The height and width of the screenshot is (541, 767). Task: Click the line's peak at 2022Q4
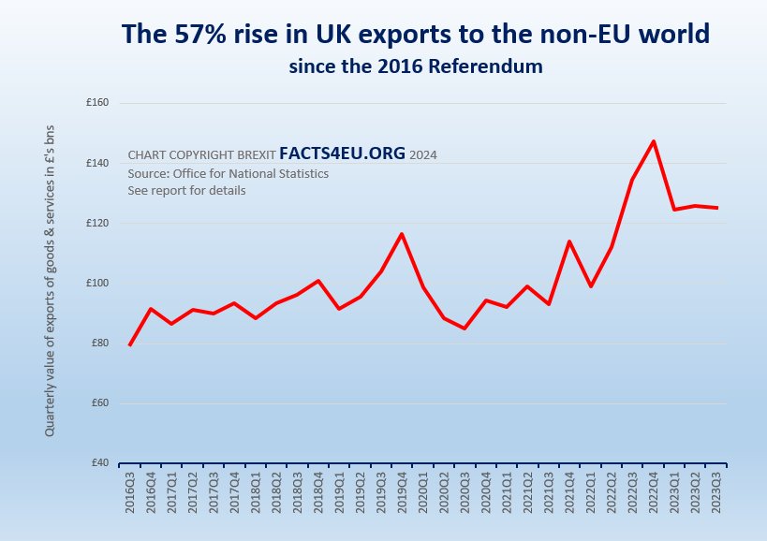[x=653, y=141]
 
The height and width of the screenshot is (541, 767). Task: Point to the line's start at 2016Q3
[x=129, y=345]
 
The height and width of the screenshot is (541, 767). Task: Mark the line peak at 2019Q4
[x=402, y=234]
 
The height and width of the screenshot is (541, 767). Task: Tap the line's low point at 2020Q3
[x=465, y=329]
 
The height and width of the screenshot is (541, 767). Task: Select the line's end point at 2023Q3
[x=717, y=208]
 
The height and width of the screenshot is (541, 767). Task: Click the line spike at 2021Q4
[x=569, y=241]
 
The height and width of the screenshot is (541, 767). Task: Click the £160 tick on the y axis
[x=97, y=103]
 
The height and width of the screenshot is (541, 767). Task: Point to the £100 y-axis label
[x=97, y=284]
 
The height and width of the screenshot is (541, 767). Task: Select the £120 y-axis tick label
[x=97, y=224]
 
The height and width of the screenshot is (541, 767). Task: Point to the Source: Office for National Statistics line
[x=228, y=173]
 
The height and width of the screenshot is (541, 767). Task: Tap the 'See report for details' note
[x=186, y=191]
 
